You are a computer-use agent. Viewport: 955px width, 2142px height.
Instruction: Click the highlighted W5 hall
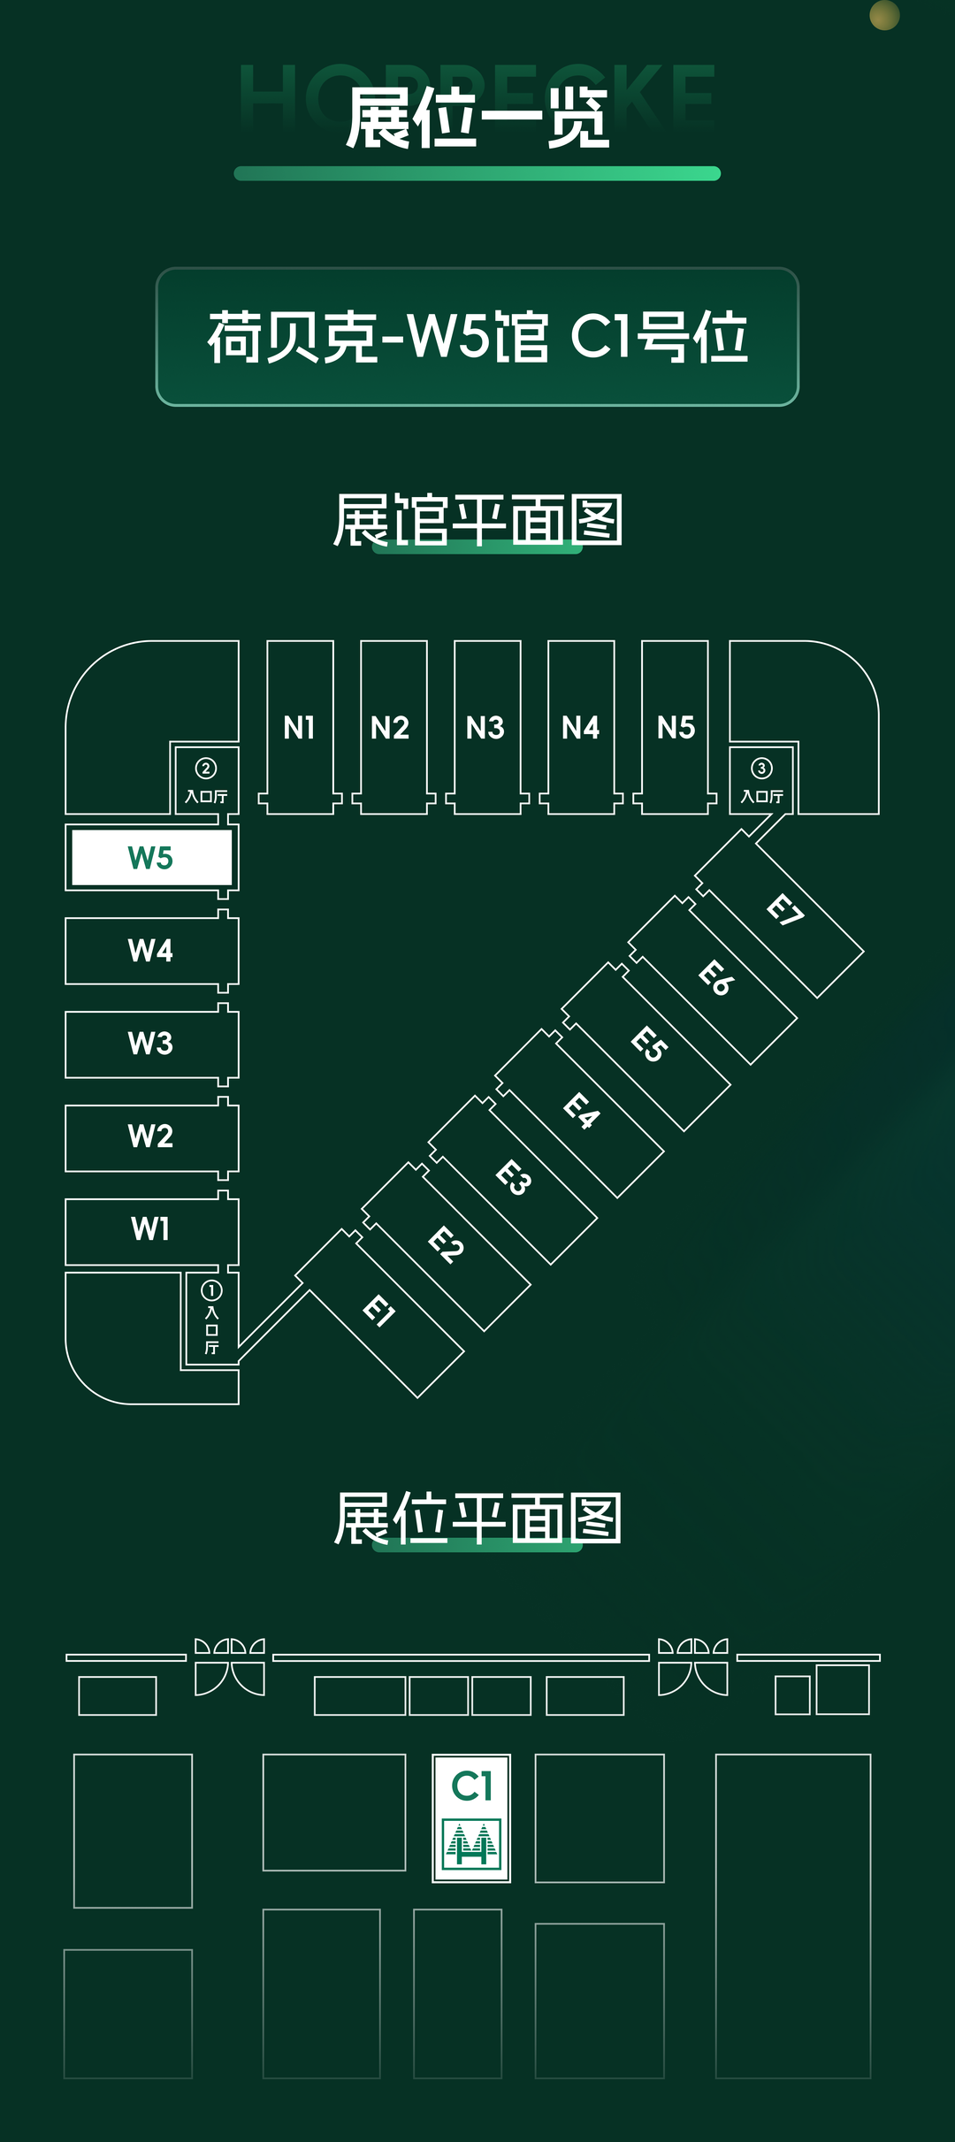(x=151, y=858)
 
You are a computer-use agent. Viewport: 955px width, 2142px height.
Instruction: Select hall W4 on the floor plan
(x=151, y=951)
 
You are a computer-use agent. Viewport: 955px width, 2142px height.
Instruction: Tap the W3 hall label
(x=151, y=1044)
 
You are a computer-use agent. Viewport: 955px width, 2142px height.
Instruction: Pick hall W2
(x=151, y=1136)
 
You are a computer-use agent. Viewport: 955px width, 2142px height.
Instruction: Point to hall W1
(x=151, y=1229)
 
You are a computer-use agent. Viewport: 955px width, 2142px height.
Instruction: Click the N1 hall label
(x=300, y=728)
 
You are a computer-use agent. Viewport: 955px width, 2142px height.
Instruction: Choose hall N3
(x=485, y=728)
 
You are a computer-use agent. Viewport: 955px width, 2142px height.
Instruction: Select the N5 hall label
(x=676, y=728)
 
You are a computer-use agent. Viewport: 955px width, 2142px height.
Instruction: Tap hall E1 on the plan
(x=379, y=1311)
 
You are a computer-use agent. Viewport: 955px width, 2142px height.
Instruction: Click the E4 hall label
(x=582, y=1111)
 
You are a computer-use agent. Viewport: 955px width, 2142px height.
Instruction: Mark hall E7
(x=784, y=910)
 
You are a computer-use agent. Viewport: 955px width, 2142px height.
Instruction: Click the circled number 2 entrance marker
(x=206, y=769)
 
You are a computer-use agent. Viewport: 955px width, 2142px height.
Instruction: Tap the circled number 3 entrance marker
(x=761, y=769)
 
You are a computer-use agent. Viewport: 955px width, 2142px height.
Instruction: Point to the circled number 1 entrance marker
(x=211, y=1291)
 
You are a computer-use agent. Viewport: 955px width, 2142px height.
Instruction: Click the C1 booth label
(x=471, y=1786)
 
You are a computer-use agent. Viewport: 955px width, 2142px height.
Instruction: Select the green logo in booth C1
(x=471, y=1843)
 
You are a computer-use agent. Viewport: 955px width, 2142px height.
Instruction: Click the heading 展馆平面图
(x=477, y=520)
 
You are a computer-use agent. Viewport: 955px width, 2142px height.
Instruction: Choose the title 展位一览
(x=477, y=119)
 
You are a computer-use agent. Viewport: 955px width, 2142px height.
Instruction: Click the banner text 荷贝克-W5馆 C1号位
(x=477, y=337)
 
